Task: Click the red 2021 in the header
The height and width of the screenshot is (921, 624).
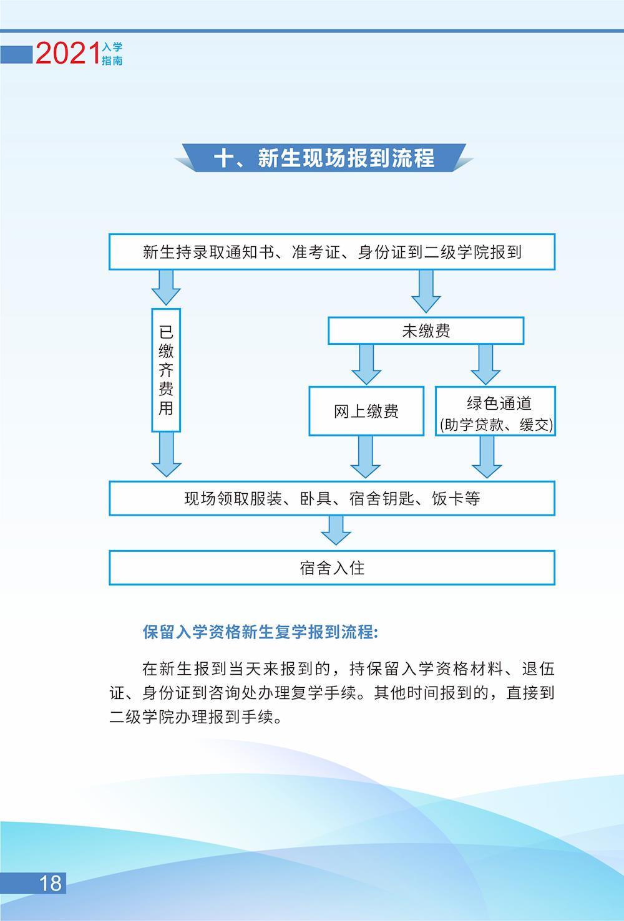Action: pyautogui.click(x=67, y=54)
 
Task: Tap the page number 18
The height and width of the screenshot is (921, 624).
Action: pyautogui.click(x=51, y=882)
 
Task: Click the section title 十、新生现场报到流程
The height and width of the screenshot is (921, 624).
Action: pyautogui.click(x=324, y=158)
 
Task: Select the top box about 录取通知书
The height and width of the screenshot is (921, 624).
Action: pyautogui.click(x=332, y=253)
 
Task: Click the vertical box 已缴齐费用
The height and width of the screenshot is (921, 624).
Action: pyautogui.click(x=166, y=370)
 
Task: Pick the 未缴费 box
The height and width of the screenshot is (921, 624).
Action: pyautogui.click(x=426, y=331)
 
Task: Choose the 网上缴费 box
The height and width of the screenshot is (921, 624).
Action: pyautogui.click(x=366, y=411)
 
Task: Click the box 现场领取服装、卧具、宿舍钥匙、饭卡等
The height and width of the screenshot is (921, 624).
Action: pyautogui.click(x=332, y=498)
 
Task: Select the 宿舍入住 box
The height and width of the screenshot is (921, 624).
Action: pyautogui.click(x=332, y=567)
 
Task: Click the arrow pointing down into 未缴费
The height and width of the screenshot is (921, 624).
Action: pyautogui.click(x=426, y=292)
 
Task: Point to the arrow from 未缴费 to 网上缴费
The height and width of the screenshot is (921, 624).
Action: pyautogui.click(x=366, y=365)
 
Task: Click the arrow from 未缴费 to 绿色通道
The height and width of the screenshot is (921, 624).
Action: pyautogui.click(x=485, y=365)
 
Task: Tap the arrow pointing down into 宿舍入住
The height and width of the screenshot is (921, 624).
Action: pyautogui.click(x=336, y=531)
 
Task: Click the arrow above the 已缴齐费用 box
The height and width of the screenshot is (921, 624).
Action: pyautogui.click(x=166, y=287)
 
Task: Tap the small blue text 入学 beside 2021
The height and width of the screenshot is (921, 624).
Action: pyautogui.click(x=112, y=47)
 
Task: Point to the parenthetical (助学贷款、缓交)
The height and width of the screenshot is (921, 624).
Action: pyautogui.click(x=496, y=425)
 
